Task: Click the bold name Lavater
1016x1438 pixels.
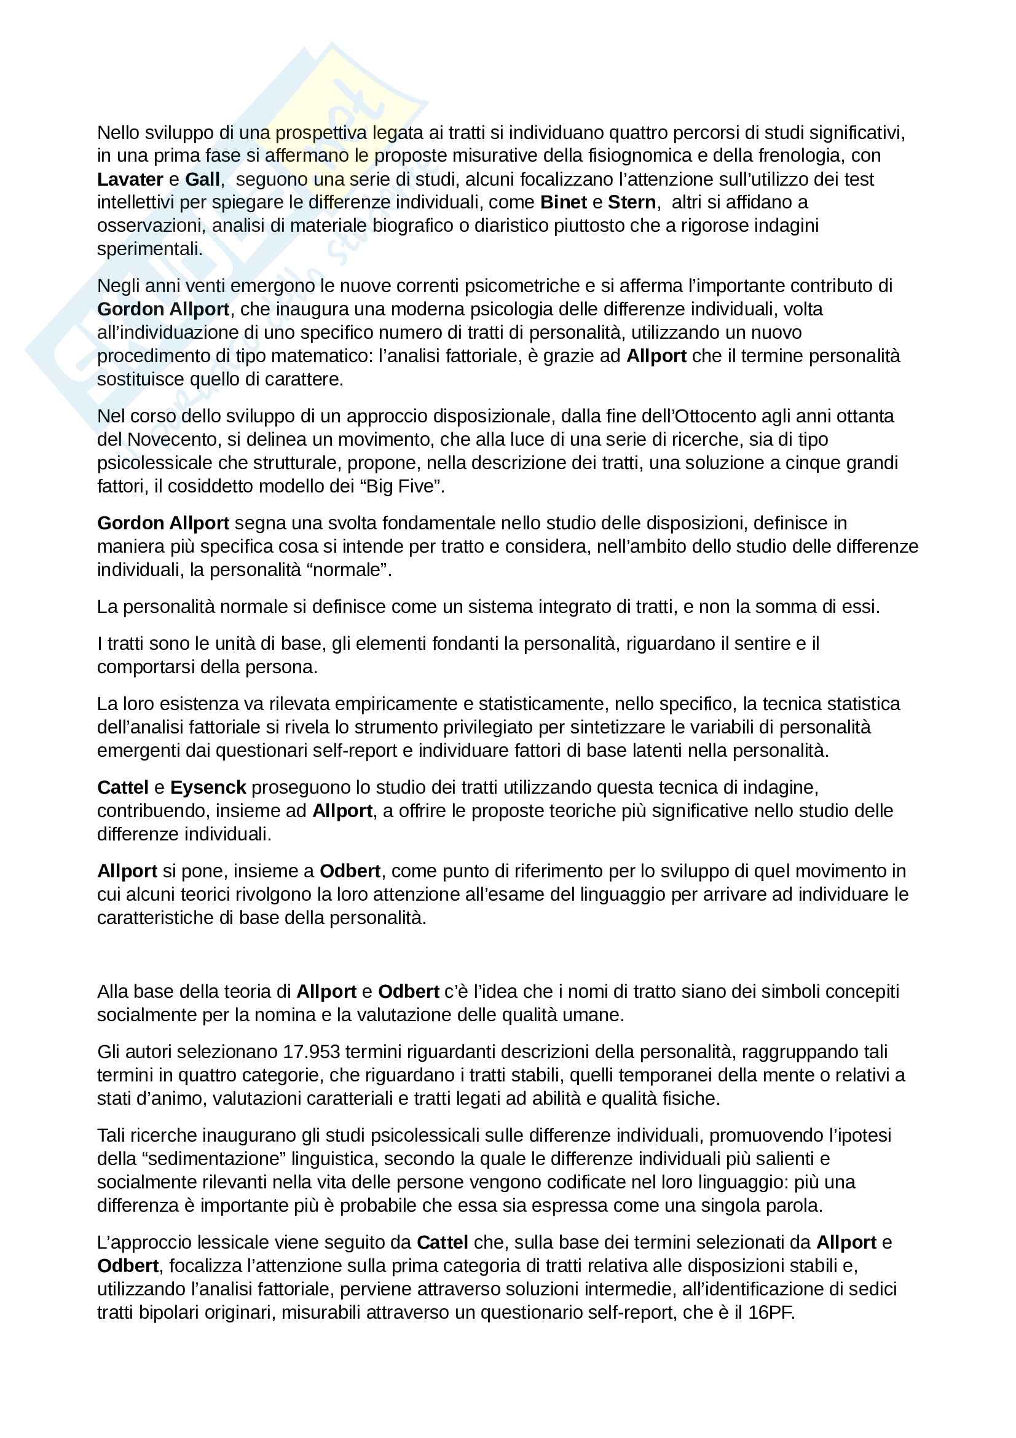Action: (130, 180)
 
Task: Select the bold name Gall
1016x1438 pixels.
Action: (202, 180)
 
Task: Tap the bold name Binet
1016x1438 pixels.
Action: (564, 203)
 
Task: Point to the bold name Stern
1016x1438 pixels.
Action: (632, 203)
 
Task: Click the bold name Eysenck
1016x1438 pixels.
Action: (208, 788)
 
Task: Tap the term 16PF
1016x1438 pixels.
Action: (771, 1313)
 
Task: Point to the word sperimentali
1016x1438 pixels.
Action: (149, 249)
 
